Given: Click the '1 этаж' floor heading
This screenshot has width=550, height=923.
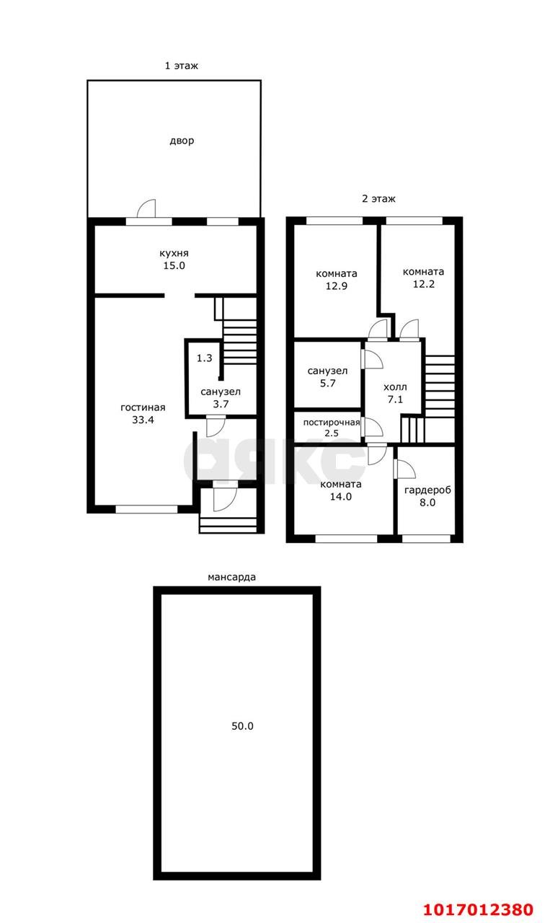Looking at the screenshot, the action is click(x=181, y=66).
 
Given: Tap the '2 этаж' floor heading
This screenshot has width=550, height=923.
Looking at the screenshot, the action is click(x=378, y=198).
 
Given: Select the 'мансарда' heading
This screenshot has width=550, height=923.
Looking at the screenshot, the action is click(x=231, y=578).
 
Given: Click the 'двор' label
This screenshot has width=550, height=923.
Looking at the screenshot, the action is click(x=182, y=141).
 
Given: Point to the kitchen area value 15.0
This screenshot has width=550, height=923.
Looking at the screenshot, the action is click(x=174, y=266).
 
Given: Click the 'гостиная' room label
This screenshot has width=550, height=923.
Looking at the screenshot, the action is click(x=143, y=407).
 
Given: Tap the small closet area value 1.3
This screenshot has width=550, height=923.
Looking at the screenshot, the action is click(x=204, y=358).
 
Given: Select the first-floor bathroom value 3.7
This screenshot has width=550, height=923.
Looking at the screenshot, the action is click(x=221, y=405).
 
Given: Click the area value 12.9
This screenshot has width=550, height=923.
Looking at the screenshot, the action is click(x=336, y=286).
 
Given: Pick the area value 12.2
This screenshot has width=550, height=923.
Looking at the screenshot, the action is click(x=424, y=284).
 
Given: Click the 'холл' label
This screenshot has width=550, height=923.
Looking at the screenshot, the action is click(x=395, y=387).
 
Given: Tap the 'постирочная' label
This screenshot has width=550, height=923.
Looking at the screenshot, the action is click(x=332, y=423).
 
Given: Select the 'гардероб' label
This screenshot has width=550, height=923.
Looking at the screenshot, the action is click(x=427, y=490).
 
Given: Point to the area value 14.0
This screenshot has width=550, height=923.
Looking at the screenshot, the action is click(x=341, y=497).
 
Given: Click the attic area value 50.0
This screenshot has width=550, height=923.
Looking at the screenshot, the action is click(x=242, y=726).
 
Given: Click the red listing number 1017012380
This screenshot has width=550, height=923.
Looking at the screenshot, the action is click(x=479, y=909).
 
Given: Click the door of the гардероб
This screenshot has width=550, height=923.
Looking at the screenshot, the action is click(x=404, y=469).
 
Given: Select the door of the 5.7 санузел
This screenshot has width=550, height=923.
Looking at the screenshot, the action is click(x=372, y=359).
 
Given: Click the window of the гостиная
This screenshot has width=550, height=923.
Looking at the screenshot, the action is click(x=146, y=510).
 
